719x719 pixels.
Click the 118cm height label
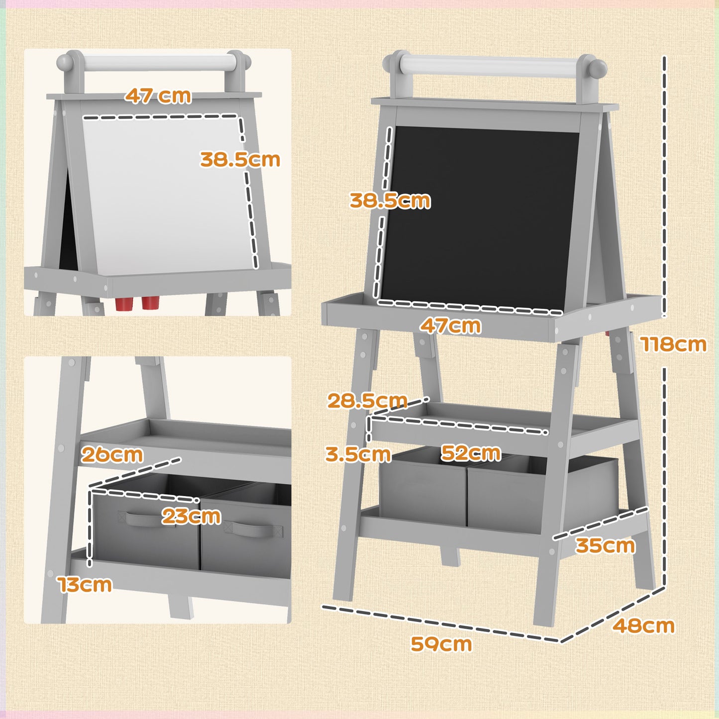673,344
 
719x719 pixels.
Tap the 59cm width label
441,644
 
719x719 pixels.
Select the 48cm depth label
643,625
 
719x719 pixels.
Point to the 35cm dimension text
605,545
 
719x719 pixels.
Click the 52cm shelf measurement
471,453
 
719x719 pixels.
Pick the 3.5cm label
358,454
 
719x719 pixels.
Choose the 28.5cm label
367,401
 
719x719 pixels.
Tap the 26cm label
112,454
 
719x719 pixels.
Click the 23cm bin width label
192,516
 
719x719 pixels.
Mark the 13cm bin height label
85,585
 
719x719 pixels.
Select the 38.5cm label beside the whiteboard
240,160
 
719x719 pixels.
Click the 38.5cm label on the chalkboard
390,201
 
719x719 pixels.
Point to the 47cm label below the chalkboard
450,326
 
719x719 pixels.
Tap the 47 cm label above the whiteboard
158,96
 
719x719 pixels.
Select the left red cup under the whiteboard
122,304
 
